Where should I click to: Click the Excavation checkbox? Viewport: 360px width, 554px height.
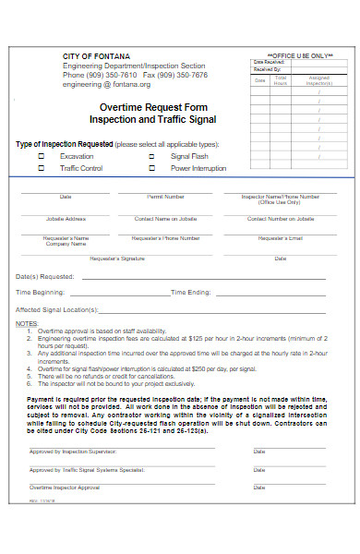[x=41, y=157]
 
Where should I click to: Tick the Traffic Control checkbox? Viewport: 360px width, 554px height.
[x=41, y=169]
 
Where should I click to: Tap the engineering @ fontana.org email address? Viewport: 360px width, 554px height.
[x=105, y=84]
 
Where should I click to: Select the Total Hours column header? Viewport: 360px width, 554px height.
[x=281, y=81]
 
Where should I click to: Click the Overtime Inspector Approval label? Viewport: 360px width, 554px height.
[x=65, y=487]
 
